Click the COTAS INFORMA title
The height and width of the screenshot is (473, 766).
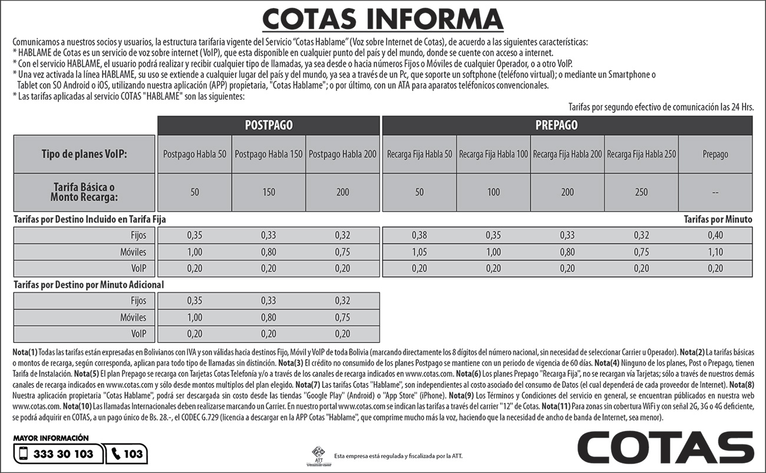383,19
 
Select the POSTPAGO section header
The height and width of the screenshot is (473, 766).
269,125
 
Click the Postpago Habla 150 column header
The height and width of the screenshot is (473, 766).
269,154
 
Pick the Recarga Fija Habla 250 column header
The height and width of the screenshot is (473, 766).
642,154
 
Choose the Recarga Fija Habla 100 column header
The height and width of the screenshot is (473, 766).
494,154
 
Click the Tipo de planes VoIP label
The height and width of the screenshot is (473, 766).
84,154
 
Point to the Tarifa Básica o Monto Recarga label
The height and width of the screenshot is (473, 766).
84,191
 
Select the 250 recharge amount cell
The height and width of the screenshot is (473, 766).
642,192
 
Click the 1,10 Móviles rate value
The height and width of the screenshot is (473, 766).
715,252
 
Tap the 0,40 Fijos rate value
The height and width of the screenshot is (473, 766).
715,236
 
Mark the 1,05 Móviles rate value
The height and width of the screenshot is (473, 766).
420,252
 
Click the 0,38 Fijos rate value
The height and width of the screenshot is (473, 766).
420,236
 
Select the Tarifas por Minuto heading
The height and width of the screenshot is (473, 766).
718,219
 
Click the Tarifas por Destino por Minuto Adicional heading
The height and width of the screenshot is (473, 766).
88,285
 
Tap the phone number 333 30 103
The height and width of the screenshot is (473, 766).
64,454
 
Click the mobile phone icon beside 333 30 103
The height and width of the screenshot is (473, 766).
24,454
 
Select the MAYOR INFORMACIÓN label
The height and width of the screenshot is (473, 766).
51,438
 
